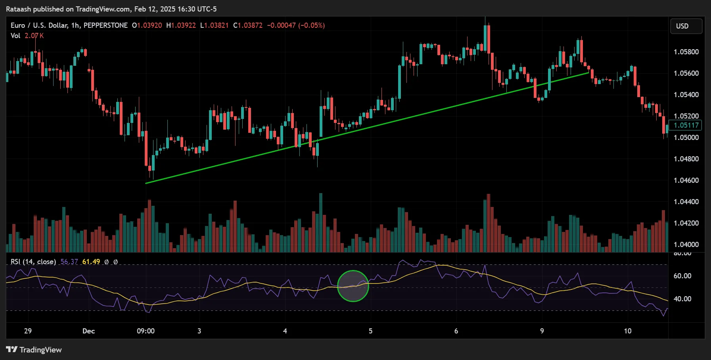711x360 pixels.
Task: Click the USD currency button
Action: point(686,26)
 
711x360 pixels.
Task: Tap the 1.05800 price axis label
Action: point(686,52)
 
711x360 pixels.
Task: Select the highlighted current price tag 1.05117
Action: point(686,125)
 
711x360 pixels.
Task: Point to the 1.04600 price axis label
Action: point(686,180)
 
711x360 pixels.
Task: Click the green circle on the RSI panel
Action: point(353,286)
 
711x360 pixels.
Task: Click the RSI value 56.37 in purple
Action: point(69,262)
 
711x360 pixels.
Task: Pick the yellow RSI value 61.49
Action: point(91,262)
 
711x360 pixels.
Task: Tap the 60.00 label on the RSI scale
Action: point(682,276)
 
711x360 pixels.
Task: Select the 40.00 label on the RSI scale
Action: point(682,299)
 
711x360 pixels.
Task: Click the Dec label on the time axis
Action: point(88,331)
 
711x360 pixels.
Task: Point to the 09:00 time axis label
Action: point(146,331)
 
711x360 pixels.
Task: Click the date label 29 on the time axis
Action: point(28,331)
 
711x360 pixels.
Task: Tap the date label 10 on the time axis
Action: point(627,331)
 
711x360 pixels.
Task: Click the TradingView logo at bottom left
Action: point(34,350)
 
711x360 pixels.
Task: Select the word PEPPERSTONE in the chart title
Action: point(105,25)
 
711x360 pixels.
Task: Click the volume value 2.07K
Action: point(34,36)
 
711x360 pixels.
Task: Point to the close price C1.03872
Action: point(248,25)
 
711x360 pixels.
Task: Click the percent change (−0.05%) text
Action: point(311,25)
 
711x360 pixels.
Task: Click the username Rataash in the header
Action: point(18,9)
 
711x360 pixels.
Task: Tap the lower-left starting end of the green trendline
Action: point(146,183)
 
